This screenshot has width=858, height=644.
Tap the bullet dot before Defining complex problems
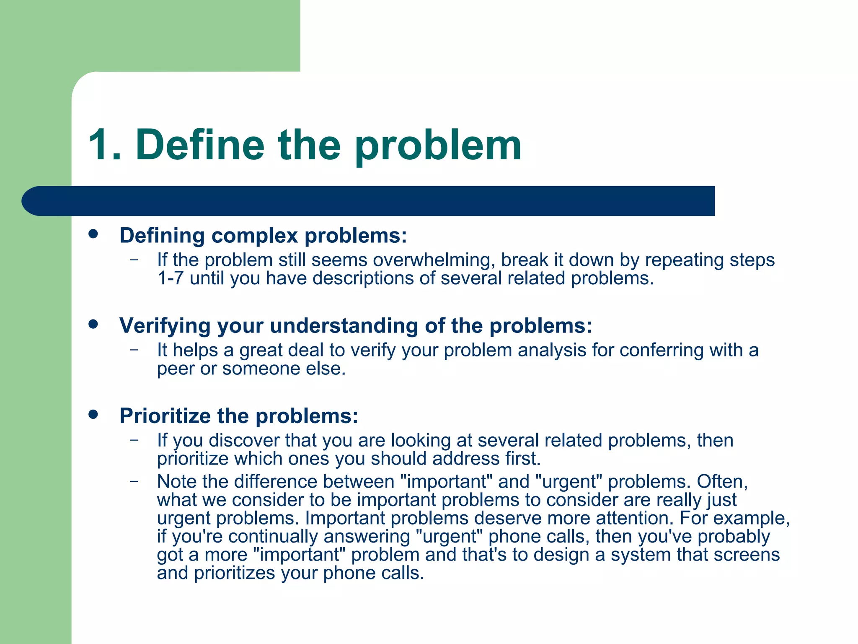click(93, 234)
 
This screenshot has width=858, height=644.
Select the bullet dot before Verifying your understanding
click(93, 324)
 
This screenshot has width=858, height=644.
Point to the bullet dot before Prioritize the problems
click(93, 414)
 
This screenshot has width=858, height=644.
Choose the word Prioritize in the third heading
click(165, 416)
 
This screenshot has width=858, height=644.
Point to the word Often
click(721, 481)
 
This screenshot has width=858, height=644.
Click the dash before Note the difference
click(134, 481)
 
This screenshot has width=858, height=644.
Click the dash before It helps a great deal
click(134, 350)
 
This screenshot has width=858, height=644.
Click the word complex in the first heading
click(254, 236)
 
